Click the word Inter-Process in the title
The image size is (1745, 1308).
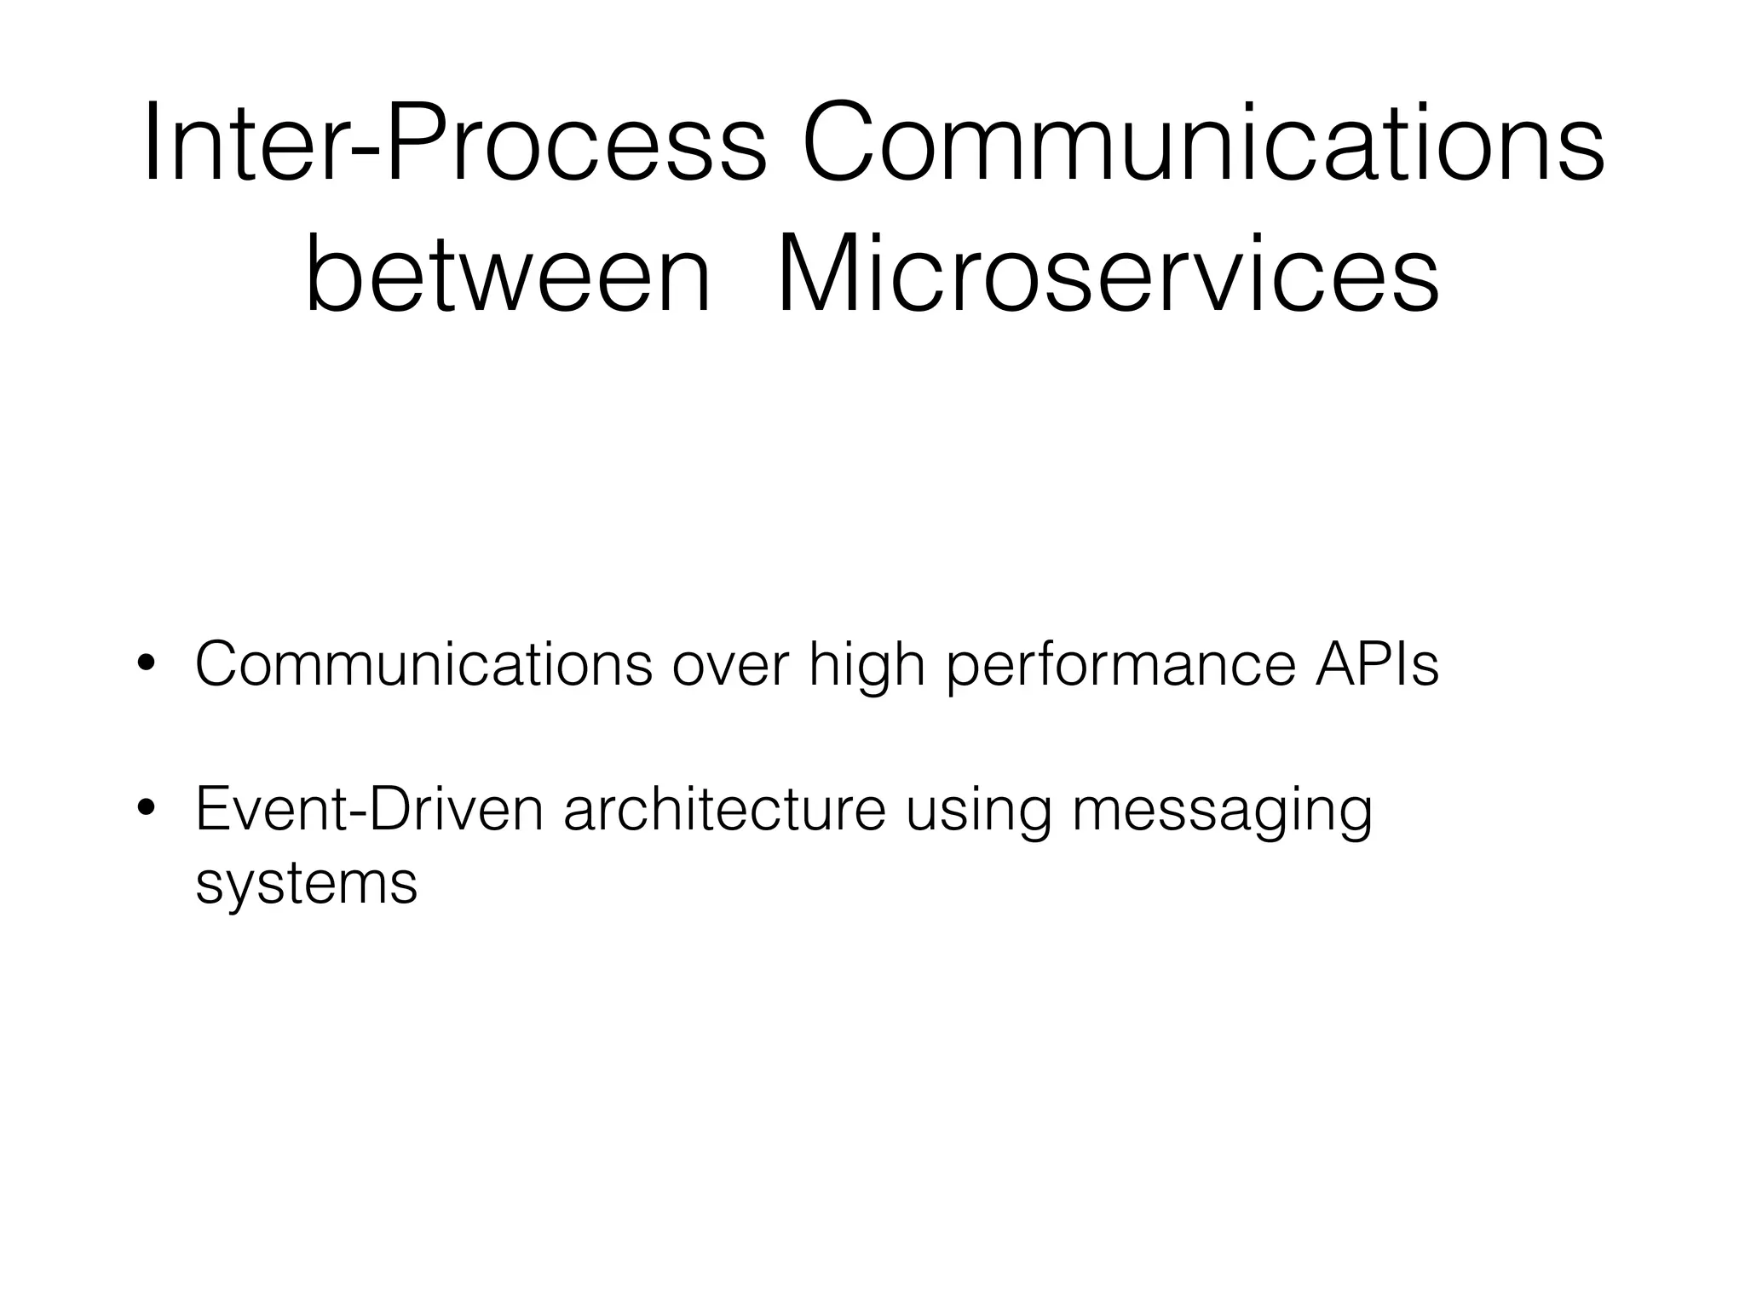tap(456, 141)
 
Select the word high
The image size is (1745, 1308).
tap(867, 666)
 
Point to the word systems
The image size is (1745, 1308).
tap(306, 884)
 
